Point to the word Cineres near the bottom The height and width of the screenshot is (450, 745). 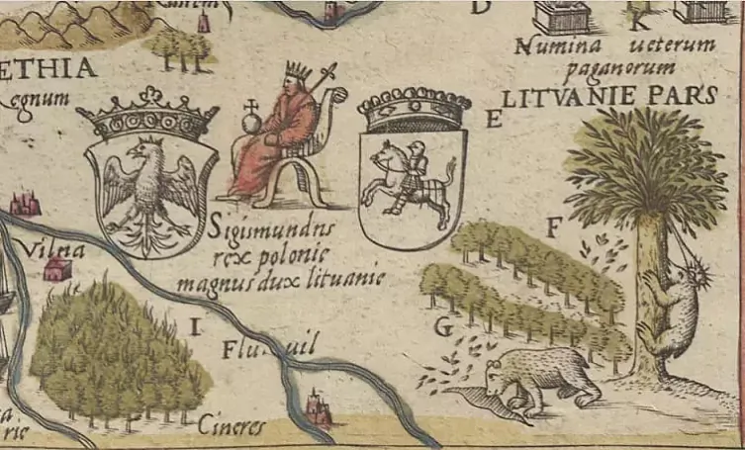(232, 427)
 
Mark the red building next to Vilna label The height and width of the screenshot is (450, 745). (58, 269)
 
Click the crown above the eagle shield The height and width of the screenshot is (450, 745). (147, 117)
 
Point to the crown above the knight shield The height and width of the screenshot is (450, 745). (414, 108)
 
